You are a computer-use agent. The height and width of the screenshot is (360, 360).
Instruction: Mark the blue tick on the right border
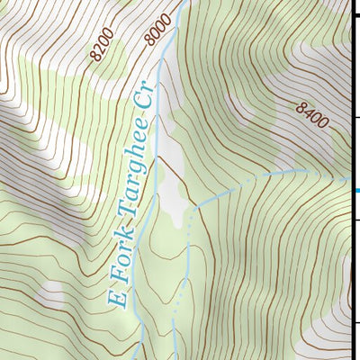tap(356, 191)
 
